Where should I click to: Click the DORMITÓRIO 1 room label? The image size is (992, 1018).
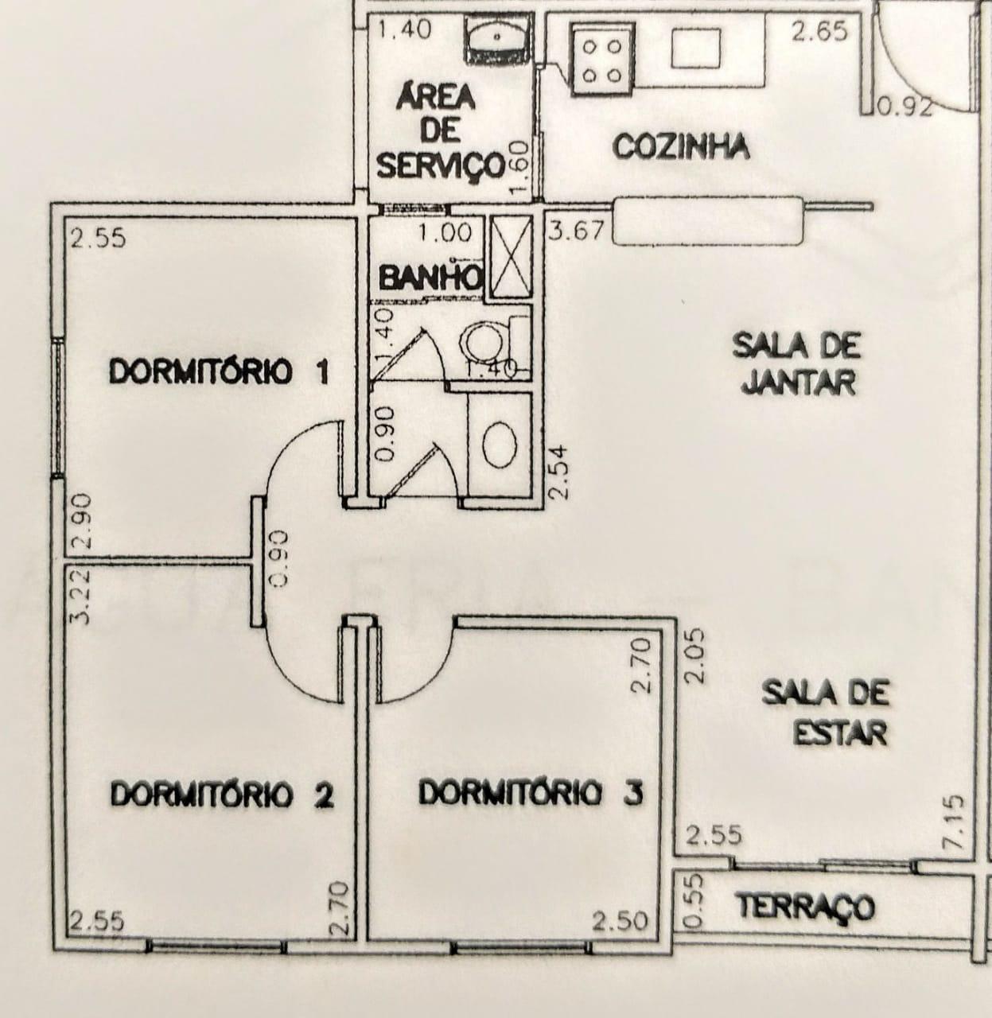[x=220, y=372]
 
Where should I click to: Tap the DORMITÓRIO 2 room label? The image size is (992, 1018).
[x=222, y=795]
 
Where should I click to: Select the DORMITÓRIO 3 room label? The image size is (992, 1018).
[x=531, y=793]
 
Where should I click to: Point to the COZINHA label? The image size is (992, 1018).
[x=681, y=146]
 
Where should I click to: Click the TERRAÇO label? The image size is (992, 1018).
[x=805, y=907]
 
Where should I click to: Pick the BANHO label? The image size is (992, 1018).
[x=430, y=277]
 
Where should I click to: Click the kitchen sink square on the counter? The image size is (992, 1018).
[x=696, y=48]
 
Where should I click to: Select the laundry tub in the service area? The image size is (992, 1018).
[x=497, y=39]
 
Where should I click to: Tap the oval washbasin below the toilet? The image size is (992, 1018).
[x=500, y=445]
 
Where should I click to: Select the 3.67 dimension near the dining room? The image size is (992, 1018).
[x=576, y=230]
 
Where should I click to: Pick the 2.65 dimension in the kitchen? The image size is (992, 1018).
[x=819, y=31]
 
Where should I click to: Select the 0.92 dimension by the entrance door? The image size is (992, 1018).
[x=904, y=107]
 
